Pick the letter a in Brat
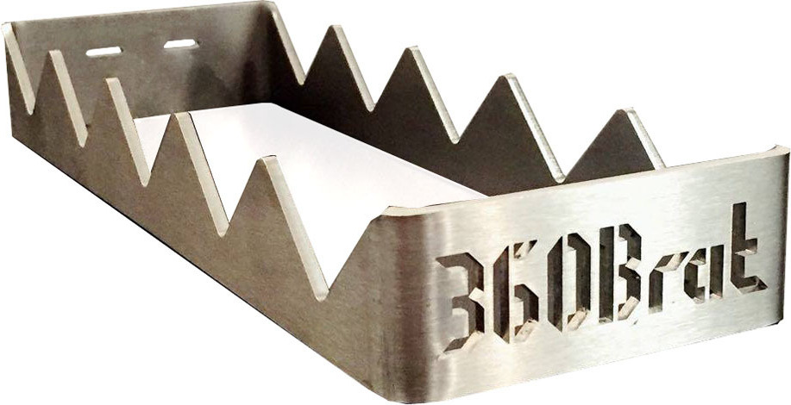703,275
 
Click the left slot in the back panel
104,52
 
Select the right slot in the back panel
180,44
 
